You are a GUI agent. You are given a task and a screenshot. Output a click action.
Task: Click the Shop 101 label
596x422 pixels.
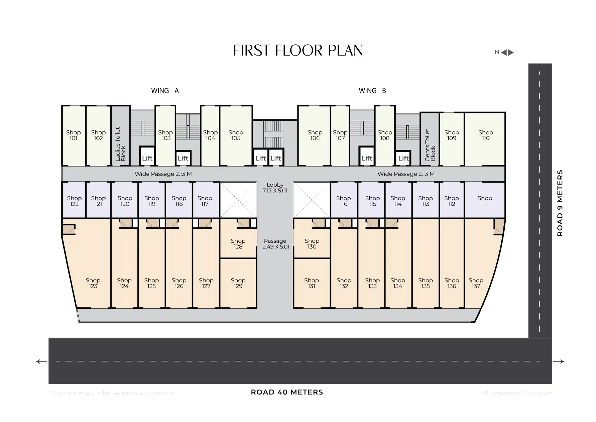[73, 135]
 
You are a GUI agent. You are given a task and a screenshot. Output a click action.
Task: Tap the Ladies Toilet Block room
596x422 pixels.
[120, 144]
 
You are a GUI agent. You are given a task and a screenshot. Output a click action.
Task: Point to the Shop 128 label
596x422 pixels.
[238, 244]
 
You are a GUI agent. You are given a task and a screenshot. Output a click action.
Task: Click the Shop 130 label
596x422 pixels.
[312, 244]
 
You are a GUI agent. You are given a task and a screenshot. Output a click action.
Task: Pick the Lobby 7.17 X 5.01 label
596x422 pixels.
[275, 188]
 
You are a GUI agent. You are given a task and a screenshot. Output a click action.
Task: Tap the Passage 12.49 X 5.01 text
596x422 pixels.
[275, 244]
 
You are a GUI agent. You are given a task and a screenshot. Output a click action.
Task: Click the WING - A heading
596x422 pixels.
[165, 91]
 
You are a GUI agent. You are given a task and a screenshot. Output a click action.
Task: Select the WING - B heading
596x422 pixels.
[372, 91]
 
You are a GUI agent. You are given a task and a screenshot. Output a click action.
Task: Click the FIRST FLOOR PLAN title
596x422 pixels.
[298, 50]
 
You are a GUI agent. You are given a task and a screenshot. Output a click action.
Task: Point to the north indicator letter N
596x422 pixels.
[497, 52]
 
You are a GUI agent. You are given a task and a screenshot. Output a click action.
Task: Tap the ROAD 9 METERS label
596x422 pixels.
[560, 203]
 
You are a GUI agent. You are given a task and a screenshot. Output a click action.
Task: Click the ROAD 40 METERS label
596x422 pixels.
[287, 392]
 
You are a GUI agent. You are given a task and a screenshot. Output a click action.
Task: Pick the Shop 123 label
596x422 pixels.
[93, 283]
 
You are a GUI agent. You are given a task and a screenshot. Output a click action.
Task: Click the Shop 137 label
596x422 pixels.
[476, 283]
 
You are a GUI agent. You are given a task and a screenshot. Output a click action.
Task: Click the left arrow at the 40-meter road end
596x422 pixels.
[41, 361]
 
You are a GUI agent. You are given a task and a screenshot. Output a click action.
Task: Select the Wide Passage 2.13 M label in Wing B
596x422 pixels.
[406, 174]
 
